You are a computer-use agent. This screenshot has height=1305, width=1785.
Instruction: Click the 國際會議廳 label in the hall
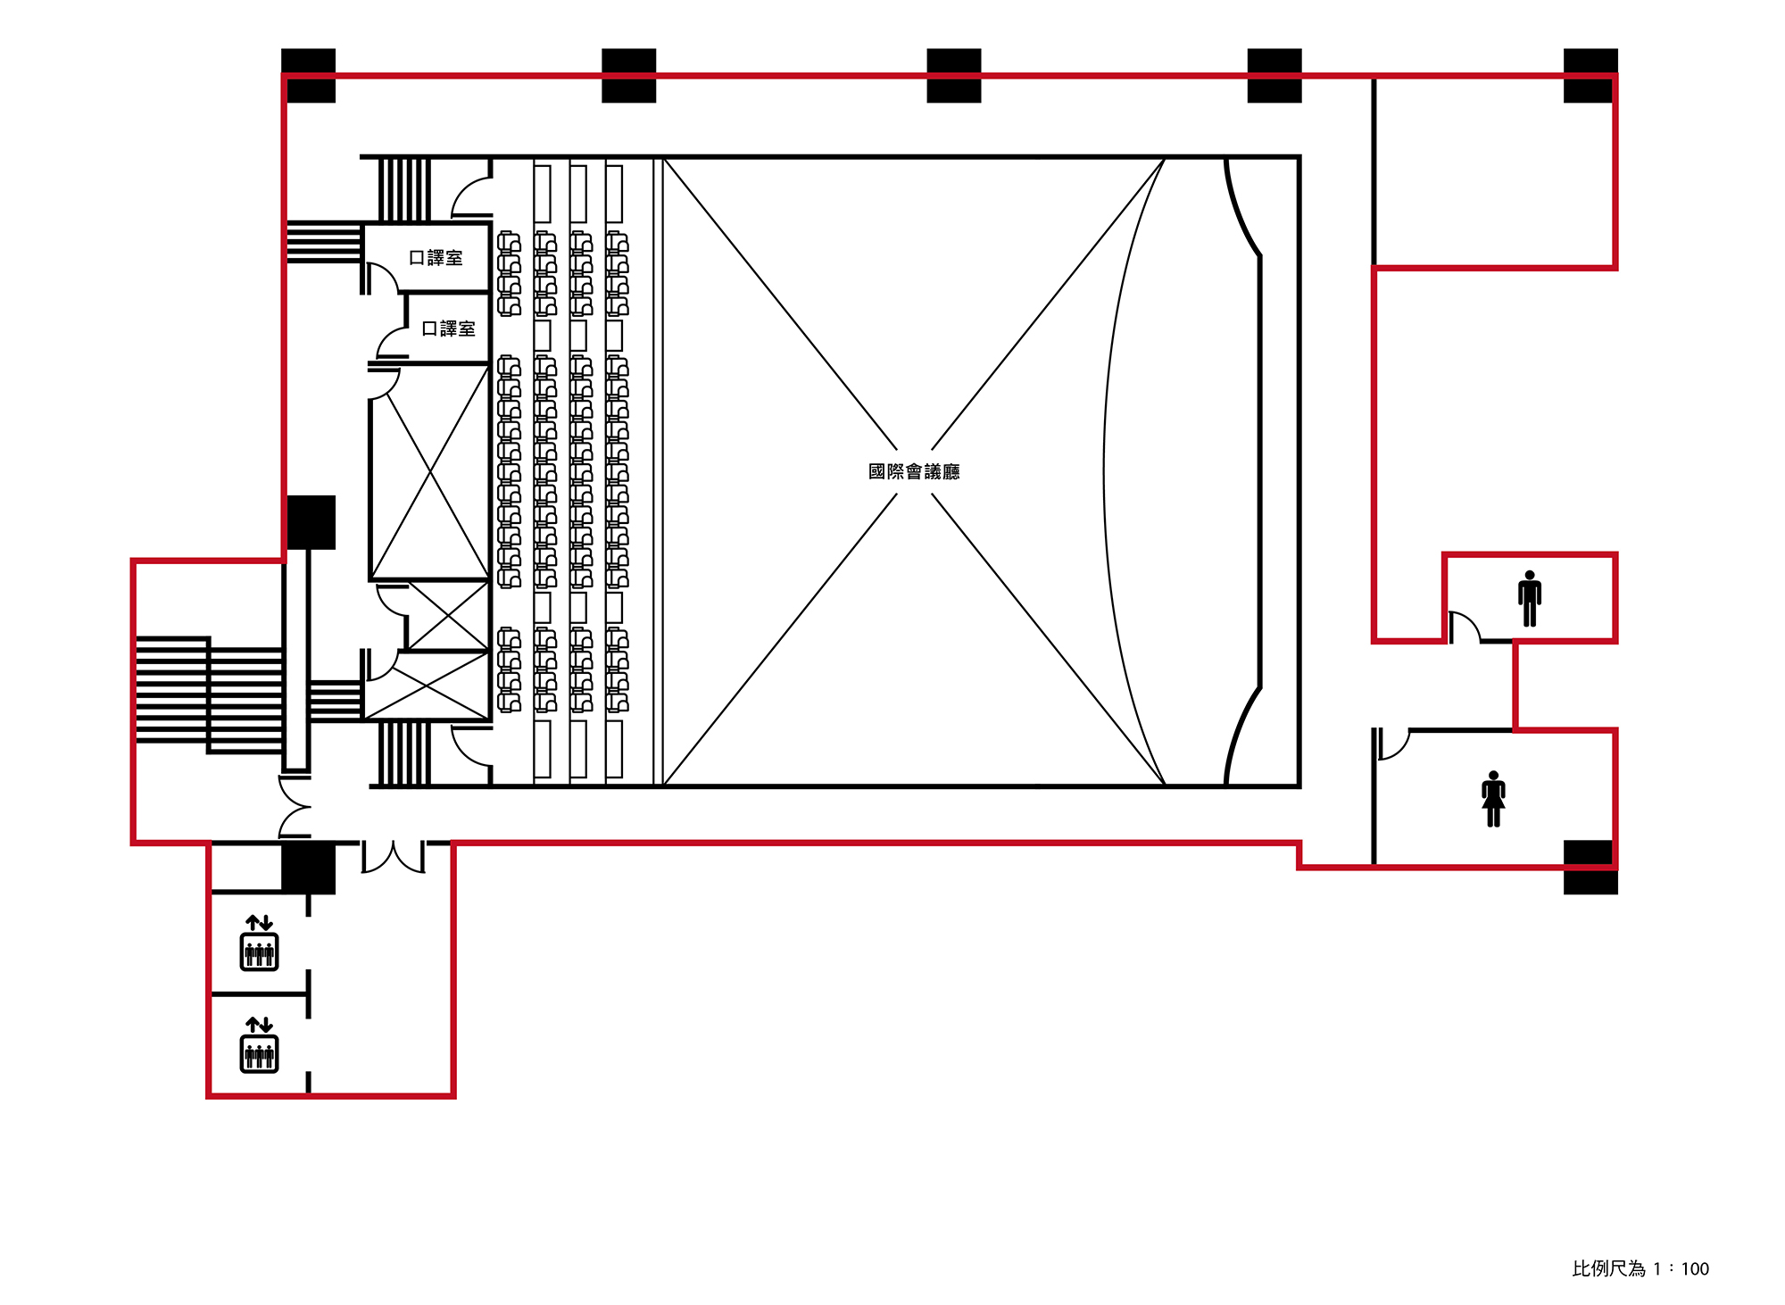click(914, 471)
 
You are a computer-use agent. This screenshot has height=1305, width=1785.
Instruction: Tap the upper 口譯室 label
click(436, 258)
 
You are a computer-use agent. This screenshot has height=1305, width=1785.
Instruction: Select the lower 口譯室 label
click(448, 328)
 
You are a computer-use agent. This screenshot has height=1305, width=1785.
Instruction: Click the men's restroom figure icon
click(1530, 598)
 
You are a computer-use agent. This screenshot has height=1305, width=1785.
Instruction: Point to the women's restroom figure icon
click(1493, 799)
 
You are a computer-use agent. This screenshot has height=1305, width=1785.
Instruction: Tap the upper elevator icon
click(259, 943)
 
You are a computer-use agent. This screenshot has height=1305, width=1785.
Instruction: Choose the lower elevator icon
click(259, 1044)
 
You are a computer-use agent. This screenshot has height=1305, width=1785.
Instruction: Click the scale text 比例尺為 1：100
click(1640, 1268)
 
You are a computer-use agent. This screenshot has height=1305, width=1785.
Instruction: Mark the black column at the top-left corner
click(309, 76)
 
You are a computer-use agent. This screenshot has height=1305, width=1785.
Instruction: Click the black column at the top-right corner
click(1590, 76)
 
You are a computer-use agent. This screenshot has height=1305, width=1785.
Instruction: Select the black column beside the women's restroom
click(1590, 867)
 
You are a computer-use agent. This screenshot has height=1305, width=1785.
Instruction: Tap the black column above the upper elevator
click(309, 867)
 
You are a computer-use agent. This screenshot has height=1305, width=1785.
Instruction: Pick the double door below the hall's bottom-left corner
click(393, 857)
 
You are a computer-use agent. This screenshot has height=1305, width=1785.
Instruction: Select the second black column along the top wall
click(629, 76)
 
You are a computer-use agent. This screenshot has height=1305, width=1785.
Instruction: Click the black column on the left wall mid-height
click(311, 522)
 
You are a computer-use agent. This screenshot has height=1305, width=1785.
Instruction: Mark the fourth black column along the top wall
click(1274, 76)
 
